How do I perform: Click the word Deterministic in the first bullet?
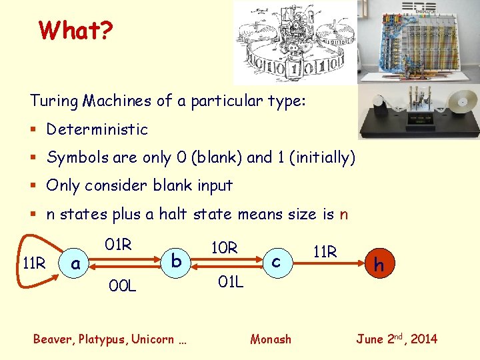click(97, 129)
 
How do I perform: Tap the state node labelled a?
click(75, 264)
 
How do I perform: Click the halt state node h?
click(379, 264)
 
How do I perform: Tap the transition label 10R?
click(224, 248)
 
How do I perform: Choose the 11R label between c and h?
click(325, 252)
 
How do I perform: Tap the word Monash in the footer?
click(271, 339)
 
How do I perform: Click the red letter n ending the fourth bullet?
click(343, 214)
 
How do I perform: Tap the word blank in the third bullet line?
click(174, 185)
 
